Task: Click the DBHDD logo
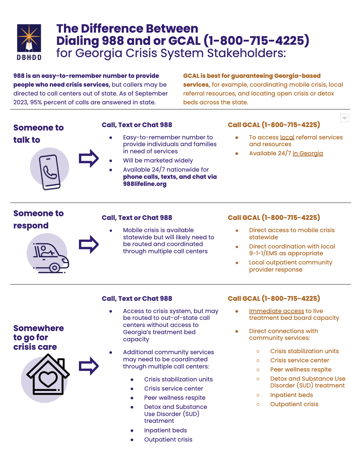(x=29, y=42)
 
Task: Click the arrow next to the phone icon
(x=88, y=158)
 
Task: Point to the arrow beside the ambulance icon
(x=88, y=244)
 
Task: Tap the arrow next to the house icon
(x=88, y=366)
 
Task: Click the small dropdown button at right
(x=344, y=118)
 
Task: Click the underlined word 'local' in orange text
(x=287, y=137)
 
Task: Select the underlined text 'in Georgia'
(x=308, y=153)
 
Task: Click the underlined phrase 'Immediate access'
(x=276, y=311)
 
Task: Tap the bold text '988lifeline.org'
(x=145, y=184)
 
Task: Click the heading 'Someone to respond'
(x=38, y=219)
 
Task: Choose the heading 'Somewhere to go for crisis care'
(x=38, y=337)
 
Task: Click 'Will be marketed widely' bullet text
(x=158, y=160)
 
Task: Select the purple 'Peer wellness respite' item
(x=175, y=398)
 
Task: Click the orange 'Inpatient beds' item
(x=291, y=395)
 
